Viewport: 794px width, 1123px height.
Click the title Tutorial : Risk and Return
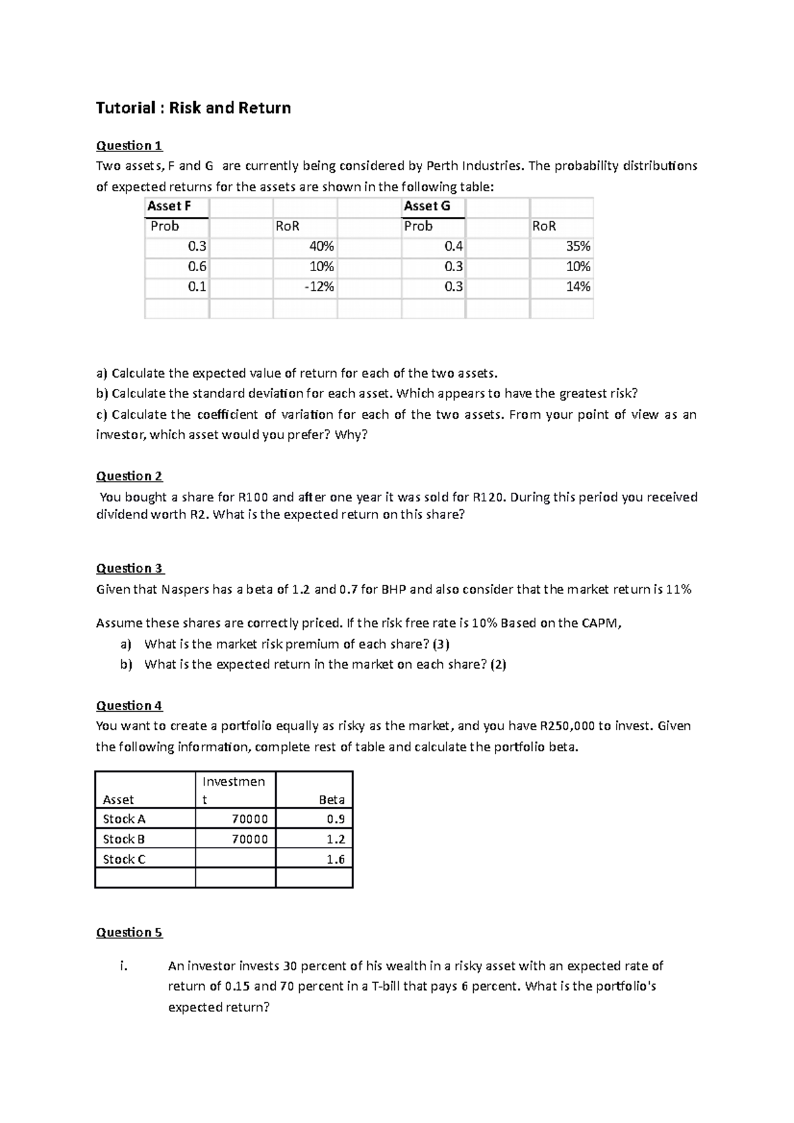click(x=193, y=108)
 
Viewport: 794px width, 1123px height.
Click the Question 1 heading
click(x=129, y=146)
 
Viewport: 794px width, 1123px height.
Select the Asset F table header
click(x=169, y=206)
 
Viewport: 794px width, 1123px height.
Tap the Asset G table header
click(x=427, y=206)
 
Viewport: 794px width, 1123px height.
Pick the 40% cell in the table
click(x=322, y=247)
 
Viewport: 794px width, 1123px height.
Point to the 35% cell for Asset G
click(x=578, y=247)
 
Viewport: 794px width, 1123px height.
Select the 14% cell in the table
click(x=578, y=287)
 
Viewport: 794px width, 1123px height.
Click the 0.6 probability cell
click(x=197, y=267)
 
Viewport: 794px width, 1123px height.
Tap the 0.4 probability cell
click(x=454, y=247)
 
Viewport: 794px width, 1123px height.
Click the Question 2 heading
click(x=129, y=476)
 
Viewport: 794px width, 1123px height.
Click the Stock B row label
click(x=124, y=839)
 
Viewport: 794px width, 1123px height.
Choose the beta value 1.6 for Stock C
click(x=335, y=860)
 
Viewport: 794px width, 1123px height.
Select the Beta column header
click(x=331, y=800)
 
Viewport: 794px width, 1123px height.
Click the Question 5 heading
click(x=129, y=933)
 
